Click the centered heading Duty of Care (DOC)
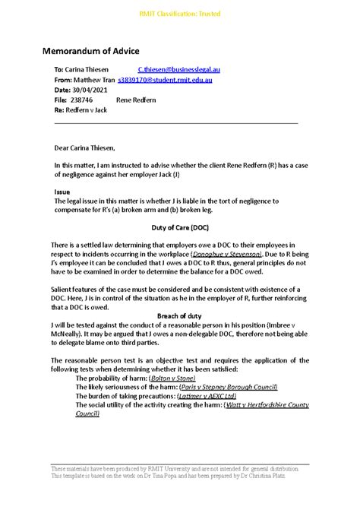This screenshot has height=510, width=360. pos(179,226)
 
